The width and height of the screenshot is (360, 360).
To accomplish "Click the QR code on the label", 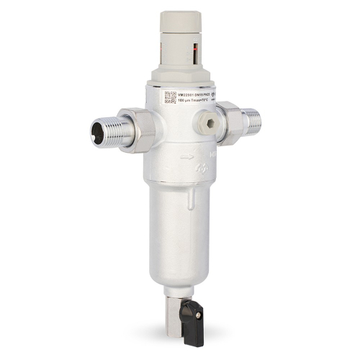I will pos(170,97).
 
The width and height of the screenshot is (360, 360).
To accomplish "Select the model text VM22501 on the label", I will pos(189,94).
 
